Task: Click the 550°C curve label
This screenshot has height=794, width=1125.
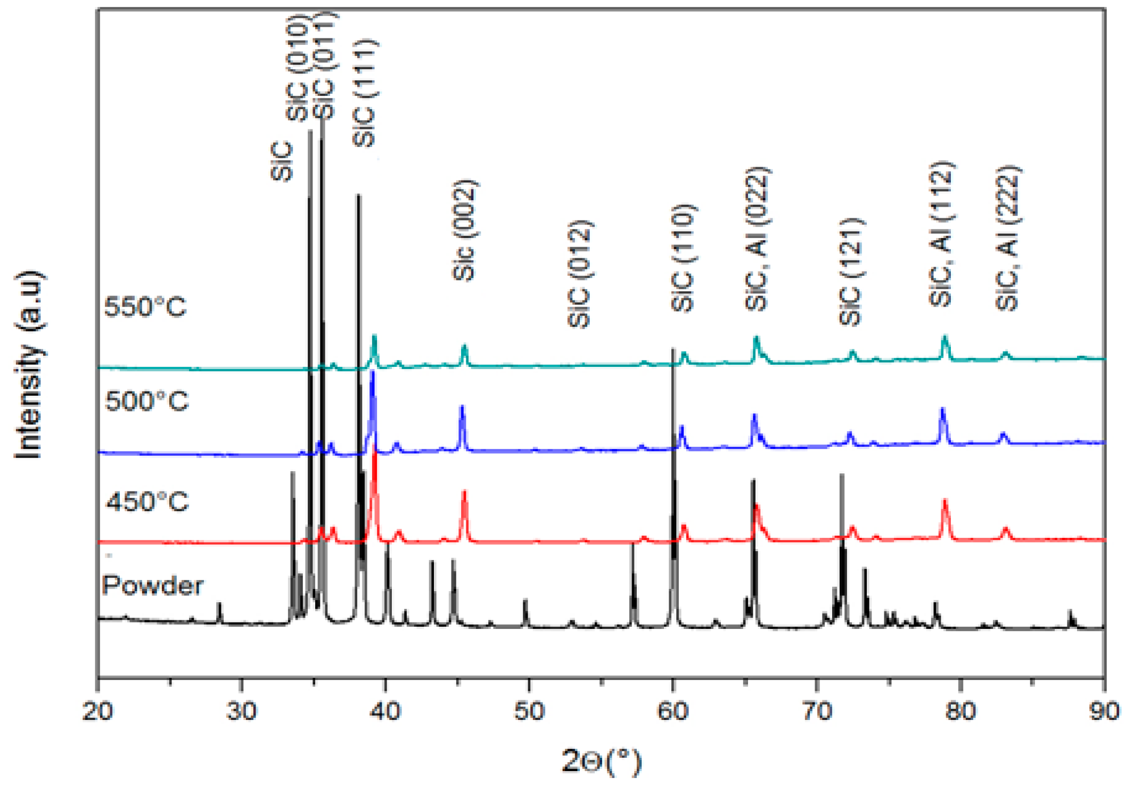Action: point(145,307)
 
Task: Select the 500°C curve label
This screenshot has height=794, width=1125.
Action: point(146,401)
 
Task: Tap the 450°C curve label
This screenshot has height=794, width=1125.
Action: point(147,502)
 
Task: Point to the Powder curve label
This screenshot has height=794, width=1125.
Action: point(153,586)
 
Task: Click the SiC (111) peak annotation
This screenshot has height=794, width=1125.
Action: point(365,93)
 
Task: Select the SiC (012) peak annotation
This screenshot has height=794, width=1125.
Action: point(580,274)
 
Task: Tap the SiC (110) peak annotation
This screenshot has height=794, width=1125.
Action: point(683,258)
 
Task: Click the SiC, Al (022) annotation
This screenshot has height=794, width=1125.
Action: point(757,239)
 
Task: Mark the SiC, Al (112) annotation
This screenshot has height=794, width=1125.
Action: point(941,234)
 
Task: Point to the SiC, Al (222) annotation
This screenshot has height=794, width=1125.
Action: point(1008,238)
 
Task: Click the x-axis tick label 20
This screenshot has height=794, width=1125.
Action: point(98,711)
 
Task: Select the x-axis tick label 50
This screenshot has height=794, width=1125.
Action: point(529,711)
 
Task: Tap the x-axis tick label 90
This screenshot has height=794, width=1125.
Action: point(1104,711)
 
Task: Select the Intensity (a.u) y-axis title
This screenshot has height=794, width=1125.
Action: point(29,365)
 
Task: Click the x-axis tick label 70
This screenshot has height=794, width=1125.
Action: point(817,711)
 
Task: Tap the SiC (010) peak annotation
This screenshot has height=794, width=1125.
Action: point(298,68)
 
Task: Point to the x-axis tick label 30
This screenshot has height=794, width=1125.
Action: point(242,711)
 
